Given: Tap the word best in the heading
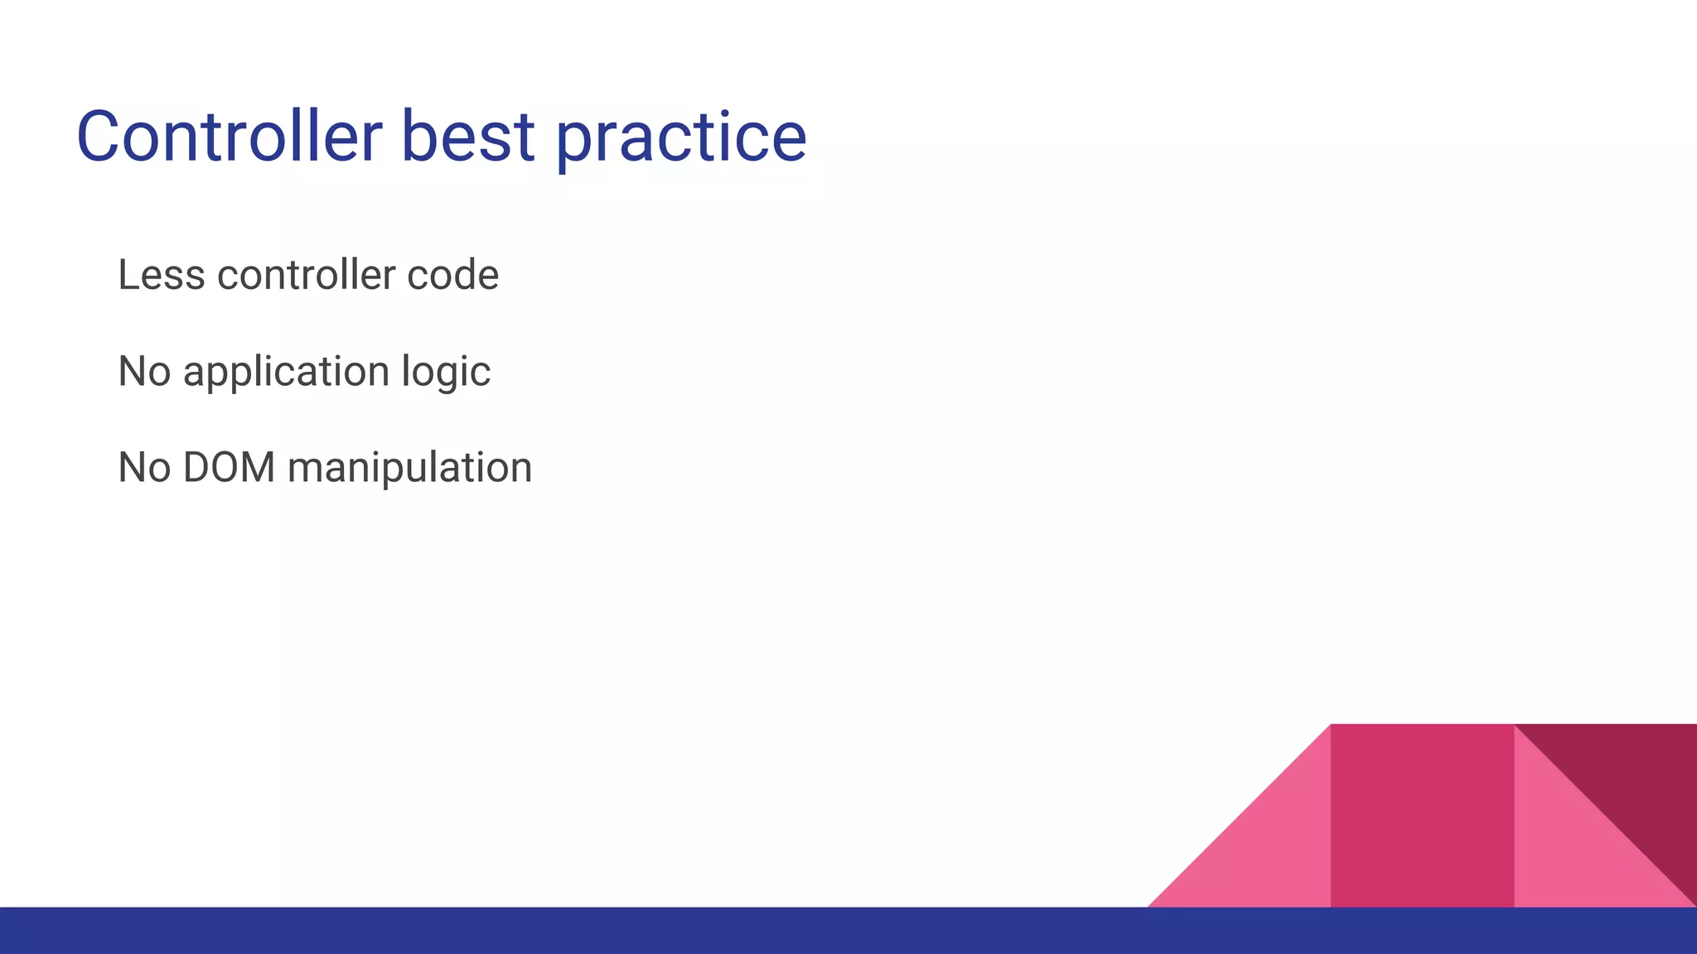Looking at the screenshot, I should click(x=467, y=137).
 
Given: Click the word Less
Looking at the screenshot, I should click(x=162, y=275).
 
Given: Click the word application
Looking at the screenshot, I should click(x=286, y=373).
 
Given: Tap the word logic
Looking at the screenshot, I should click(x=446, y=373).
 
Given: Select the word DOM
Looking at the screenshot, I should click(x=230, y=467).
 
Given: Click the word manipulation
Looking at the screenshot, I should click(x=409, y=469).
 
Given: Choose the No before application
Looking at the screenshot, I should click(x=144, y=371).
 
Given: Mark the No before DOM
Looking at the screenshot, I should click(x=144, y=467).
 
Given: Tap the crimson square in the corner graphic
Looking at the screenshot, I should click(x=1422, y=816).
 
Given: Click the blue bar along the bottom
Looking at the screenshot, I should click(x=580, y=931).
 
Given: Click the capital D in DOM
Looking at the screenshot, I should click(x=198, y=467).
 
